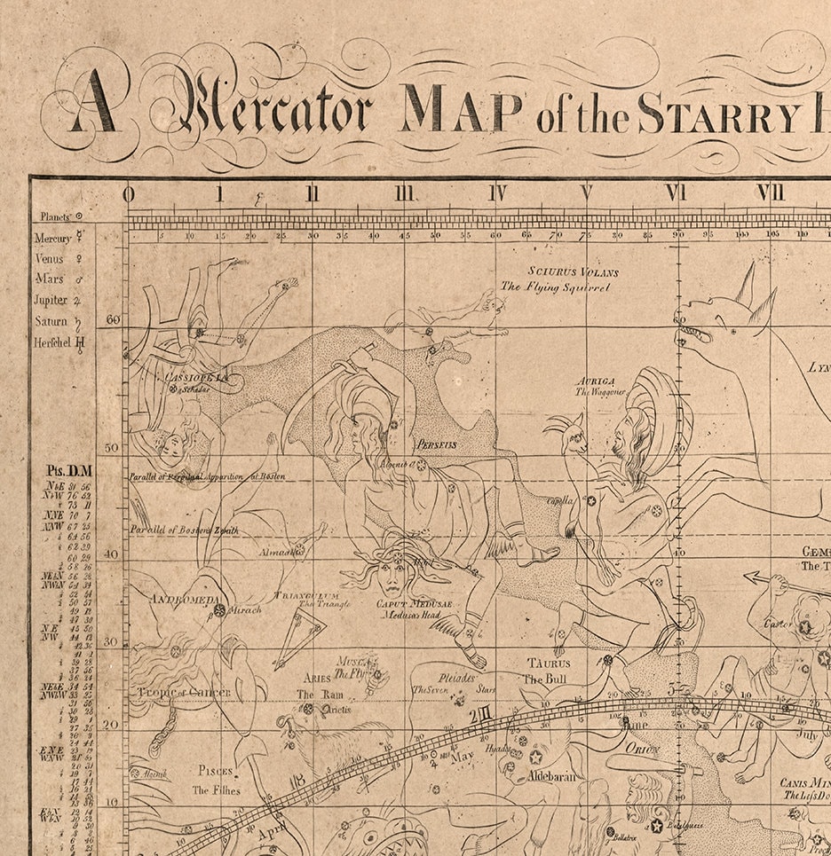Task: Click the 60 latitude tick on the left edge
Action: [112, 320]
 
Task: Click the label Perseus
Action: [435, 444]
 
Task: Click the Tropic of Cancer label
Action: [184, 693]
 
